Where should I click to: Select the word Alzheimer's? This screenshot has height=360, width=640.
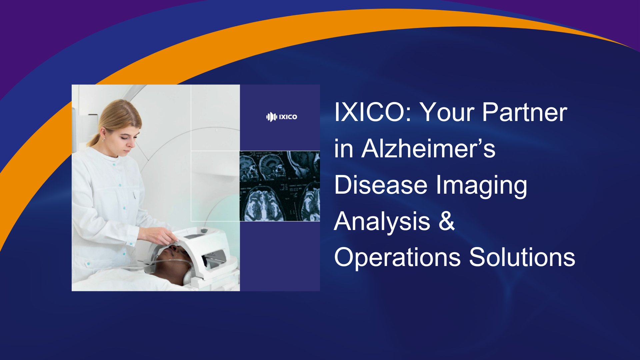point(428,149)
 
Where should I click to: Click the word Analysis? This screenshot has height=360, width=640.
point(382,221)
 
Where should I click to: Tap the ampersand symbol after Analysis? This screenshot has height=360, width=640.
point(447,221)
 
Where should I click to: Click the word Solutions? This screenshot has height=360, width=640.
point(522,257)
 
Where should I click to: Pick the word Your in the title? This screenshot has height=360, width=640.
point(447,112)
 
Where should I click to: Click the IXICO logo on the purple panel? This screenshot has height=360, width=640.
point(282,117)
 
